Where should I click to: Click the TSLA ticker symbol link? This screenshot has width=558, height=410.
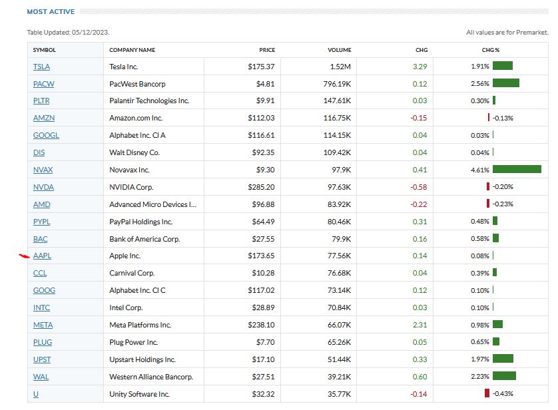[x=41, y=67]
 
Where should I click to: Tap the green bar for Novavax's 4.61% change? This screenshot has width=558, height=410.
[x=517, y=170]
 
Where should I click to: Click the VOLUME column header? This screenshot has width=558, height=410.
[x=339, y=50]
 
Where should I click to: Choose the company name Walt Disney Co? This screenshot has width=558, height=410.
[x=135, y=152]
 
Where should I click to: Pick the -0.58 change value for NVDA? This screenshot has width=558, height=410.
[x=419, y=187]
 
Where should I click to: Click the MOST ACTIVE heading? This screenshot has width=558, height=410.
[x=51, y=12]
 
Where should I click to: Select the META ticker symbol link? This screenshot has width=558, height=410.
[x=43, y=325]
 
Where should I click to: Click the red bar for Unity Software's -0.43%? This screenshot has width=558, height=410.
[x=487, y=393]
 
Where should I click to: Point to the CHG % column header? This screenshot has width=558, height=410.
[x=491, y=50]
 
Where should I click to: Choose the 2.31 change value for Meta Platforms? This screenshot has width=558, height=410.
[x=420, y=325]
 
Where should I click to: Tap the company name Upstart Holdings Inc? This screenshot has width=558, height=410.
[x=142, y=359]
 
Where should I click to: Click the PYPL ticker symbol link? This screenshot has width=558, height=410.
[x=41, y=222]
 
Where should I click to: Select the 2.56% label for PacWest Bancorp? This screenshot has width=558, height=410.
[x=479, y=84]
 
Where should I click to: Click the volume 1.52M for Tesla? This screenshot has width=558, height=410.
[x=340, y=67]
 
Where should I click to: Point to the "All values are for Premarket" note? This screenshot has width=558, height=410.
[x=507, y=33]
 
